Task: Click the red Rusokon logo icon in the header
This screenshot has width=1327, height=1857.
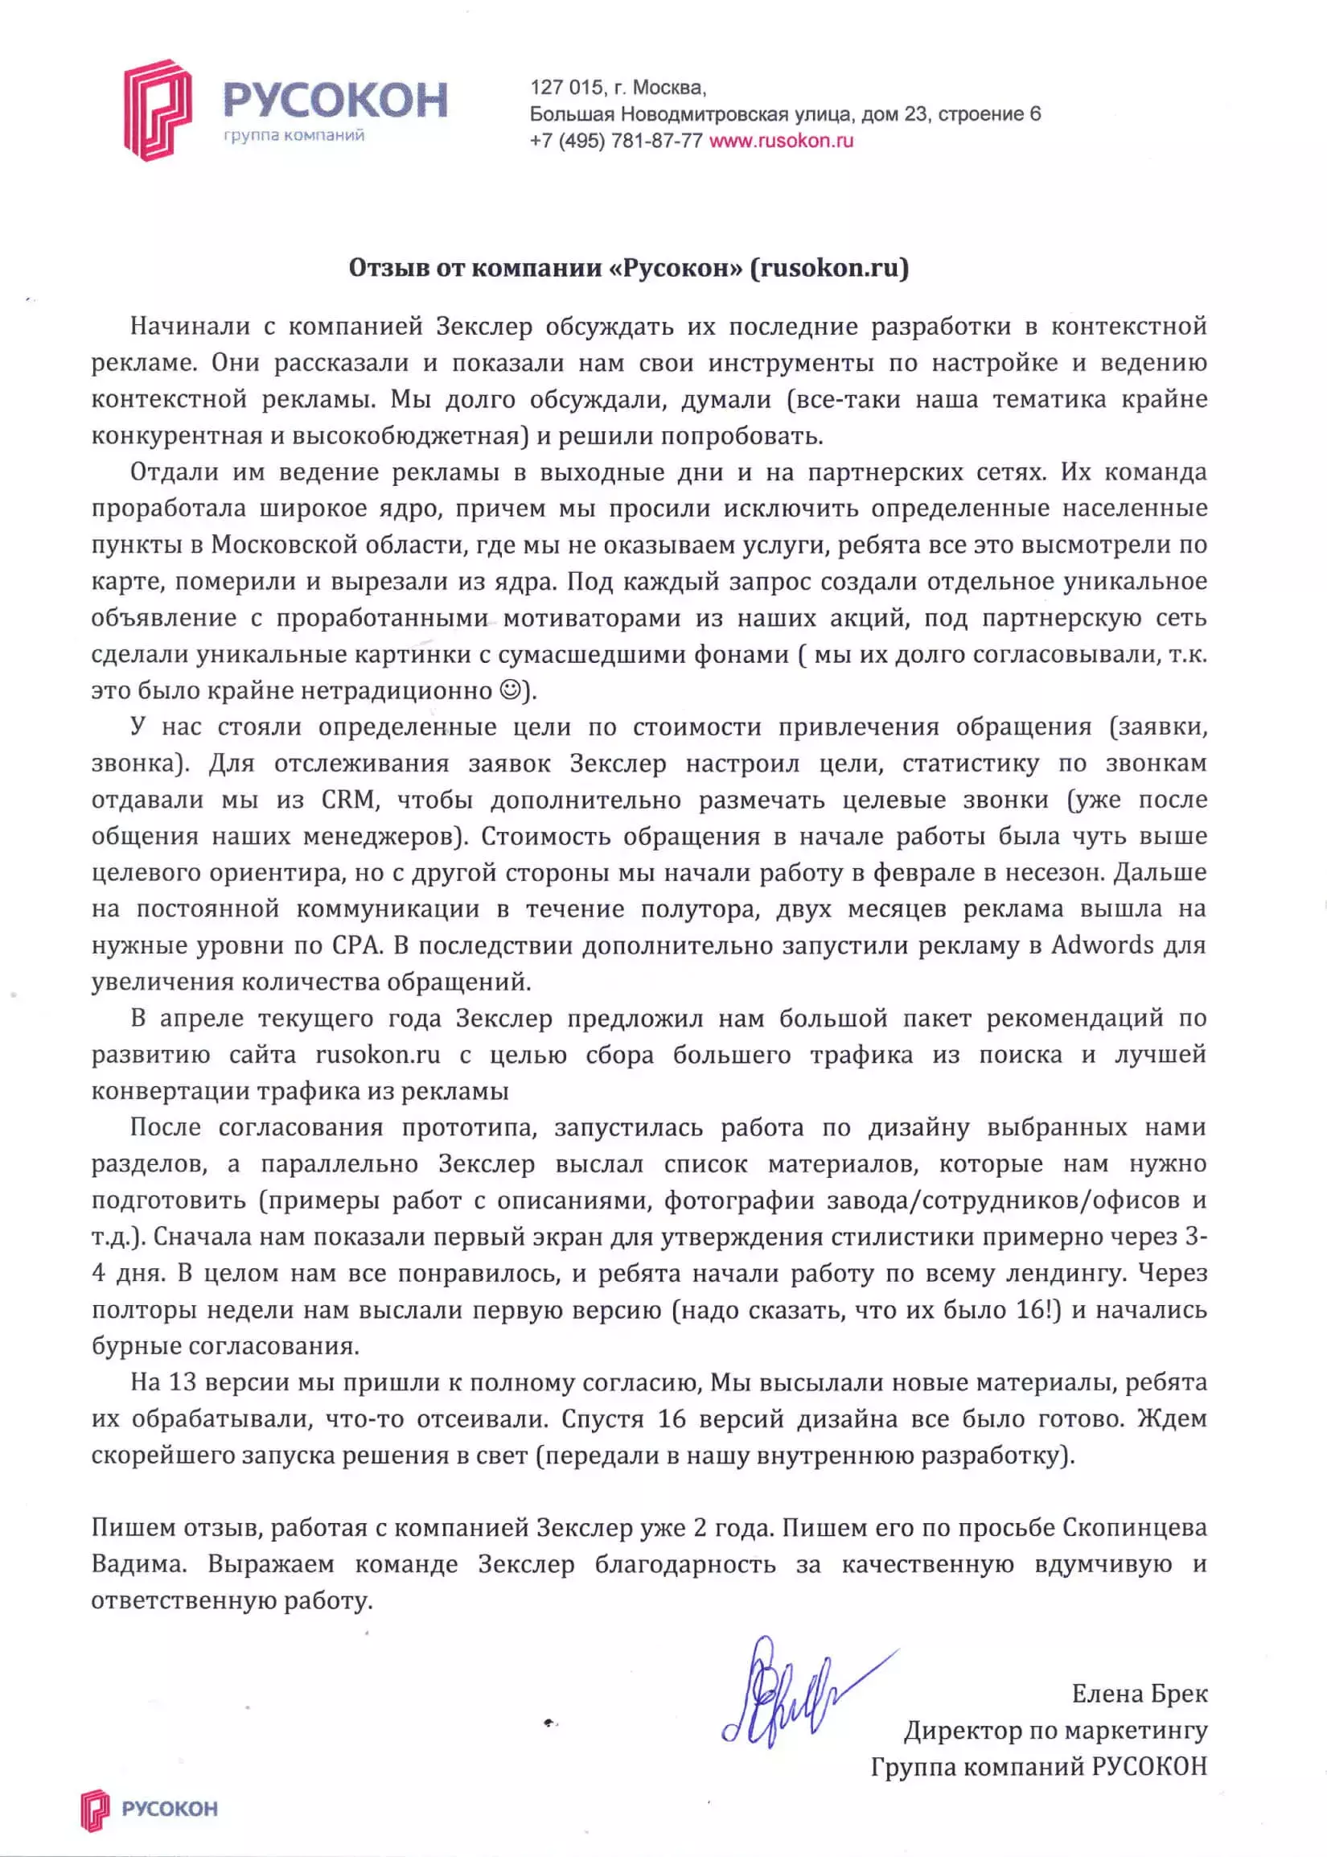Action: point(157,109)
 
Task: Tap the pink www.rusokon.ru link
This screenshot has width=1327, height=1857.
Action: point(781,141)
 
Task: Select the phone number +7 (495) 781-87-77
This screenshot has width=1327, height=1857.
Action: point(615,141)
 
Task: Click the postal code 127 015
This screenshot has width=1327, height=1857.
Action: point(566,88)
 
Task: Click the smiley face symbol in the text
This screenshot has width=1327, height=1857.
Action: point(509,690)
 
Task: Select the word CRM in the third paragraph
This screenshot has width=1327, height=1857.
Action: point(350,799)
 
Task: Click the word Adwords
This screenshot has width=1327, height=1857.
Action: point(1103,945)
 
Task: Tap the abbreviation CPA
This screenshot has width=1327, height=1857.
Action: point(357,945)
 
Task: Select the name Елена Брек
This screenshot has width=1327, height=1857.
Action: point(1139,1694)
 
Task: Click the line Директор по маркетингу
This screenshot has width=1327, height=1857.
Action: point(1055,1731)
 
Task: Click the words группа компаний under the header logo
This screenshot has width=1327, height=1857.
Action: point(294,136)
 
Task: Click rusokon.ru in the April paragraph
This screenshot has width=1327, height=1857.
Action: point(377,1054)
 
